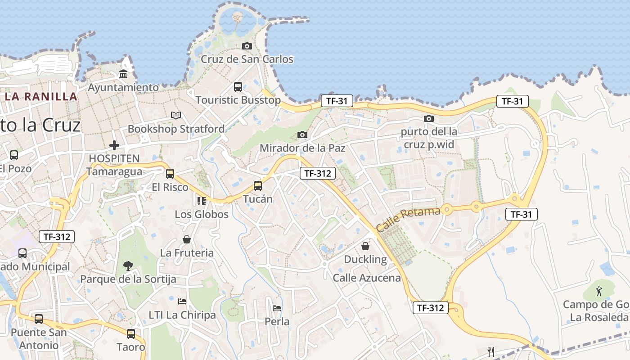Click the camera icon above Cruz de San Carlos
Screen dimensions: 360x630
coord(247,46)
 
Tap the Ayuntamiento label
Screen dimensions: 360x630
coord(123,87)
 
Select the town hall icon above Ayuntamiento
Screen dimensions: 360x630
coord(123,74)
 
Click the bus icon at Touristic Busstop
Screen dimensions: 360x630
coord(238,87)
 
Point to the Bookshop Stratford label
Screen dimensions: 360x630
coord(176,129)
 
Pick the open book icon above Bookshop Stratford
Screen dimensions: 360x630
coord(176,116)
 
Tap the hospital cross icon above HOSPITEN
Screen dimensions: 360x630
coord(114,145)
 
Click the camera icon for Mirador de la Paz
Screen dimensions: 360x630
coord(302,135)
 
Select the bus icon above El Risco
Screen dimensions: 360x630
coord(170,174)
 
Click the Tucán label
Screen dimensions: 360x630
coord(258,198)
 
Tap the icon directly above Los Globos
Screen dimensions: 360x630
coord(201,201)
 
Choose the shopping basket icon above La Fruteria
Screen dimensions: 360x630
coord(187,239)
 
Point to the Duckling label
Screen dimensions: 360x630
coord(365,259)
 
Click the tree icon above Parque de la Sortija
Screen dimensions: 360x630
coord(128,265)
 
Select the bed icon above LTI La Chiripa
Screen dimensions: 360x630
coord(182,301)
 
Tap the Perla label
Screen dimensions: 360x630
coord(277,322)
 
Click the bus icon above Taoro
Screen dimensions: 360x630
coord(131,334)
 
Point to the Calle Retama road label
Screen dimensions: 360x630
coord(408,220)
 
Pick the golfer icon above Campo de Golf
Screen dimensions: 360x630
coord(599,291)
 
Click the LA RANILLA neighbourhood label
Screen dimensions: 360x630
coord(41,96)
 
